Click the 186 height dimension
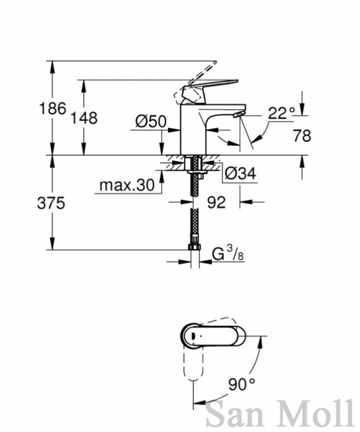tap(53, 108)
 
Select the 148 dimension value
tap(84, 118)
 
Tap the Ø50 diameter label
tap(151, 121)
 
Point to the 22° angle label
tap(281, 113)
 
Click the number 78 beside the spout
tap(302, 136)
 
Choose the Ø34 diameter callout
tap(240, 174)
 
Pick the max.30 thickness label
tap(127, 185)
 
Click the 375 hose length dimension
tap(51, 203)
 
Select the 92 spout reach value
tap(216, 202)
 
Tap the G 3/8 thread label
tap(228, 253)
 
